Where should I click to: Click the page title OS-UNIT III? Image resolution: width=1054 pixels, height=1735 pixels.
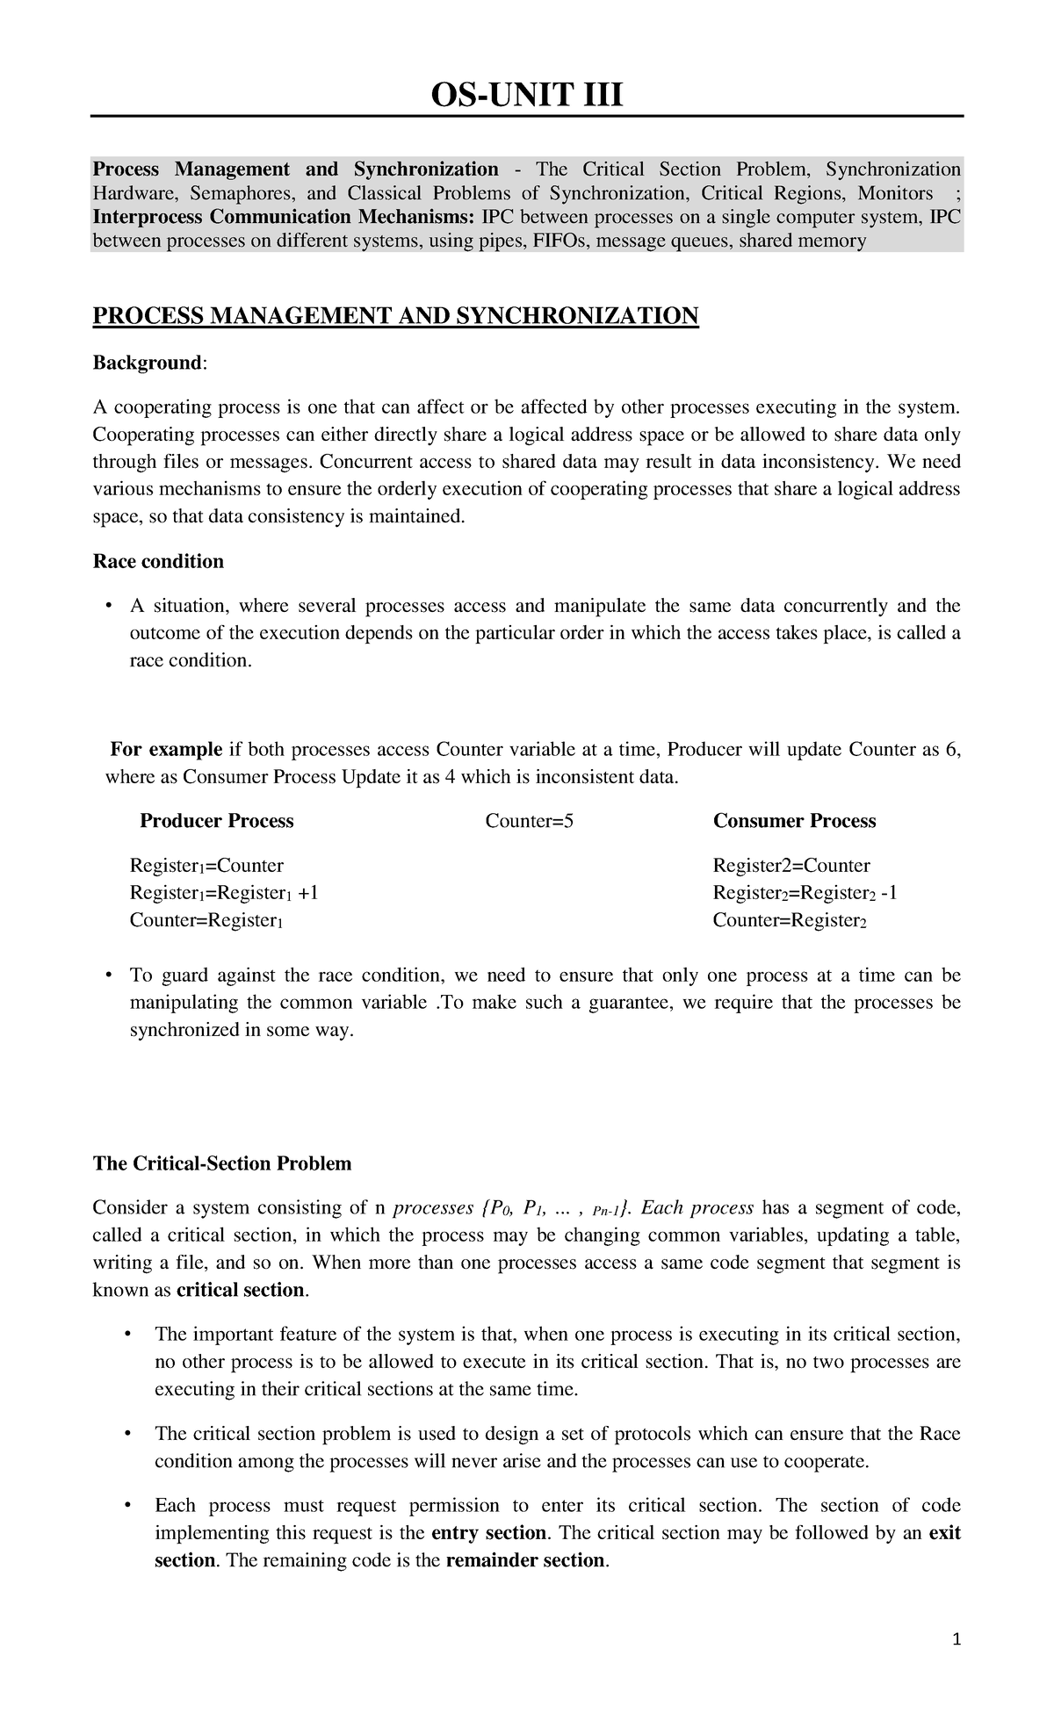pyautogui.click(x=526, y=93)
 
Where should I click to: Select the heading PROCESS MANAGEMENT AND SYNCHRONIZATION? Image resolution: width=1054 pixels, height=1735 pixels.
pyautogui.click(x=395, y=316)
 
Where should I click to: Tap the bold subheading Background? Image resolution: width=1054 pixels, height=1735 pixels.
pyautogui.click(x=148, y=363)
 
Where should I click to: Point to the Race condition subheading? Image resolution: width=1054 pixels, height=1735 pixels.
pyautogui.click(x=158, y=561)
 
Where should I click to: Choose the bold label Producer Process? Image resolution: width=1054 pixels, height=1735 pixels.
pyautogui.click(x=217, y=821)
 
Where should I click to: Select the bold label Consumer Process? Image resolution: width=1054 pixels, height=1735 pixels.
pyautogui.click(x=794, y=821)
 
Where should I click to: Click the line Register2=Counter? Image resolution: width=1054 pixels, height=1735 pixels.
pyautogui.click(x=790, y=866)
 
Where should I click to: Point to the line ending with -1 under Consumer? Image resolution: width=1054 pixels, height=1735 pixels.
pyautogui.click(x=805, y=893)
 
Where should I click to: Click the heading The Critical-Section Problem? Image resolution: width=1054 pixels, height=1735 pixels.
pyautogui.click(x=222, y=1163)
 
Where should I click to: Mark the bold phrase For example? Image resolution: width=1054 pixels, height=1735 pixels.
pyautogui.click(x=166, y=750)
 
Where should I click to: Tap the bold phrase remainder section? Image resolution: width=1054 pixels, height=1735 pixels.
pyautogui.click(x=526, y=1560)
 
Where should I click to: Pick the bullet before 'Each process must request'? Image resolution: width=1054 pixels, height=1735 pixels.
pyautogui.click(x=128, y=1506)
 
